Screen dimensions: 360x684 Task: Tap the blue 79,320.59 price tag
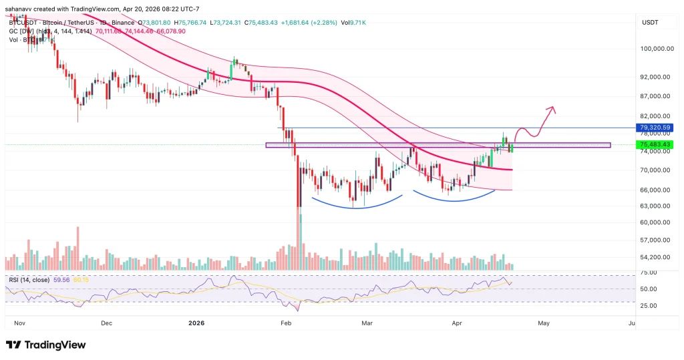pyautogui.click(x=655, y=128)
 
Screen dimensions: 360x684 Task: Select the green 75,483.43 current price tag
pyautogui.click(x=655, y=144)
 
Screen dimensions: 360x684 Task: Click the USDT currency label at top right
pyautogui.click(x=649, y=21)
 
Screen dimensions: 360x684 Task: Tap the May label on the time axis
pyautogui.click(x=543, y=323)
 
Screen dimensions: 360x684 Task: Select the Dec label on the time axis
pyautogui.click(x=106, y=323)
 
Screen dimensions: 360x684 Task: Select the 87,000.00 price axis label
pyautogui.click(x=655, y=96)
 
